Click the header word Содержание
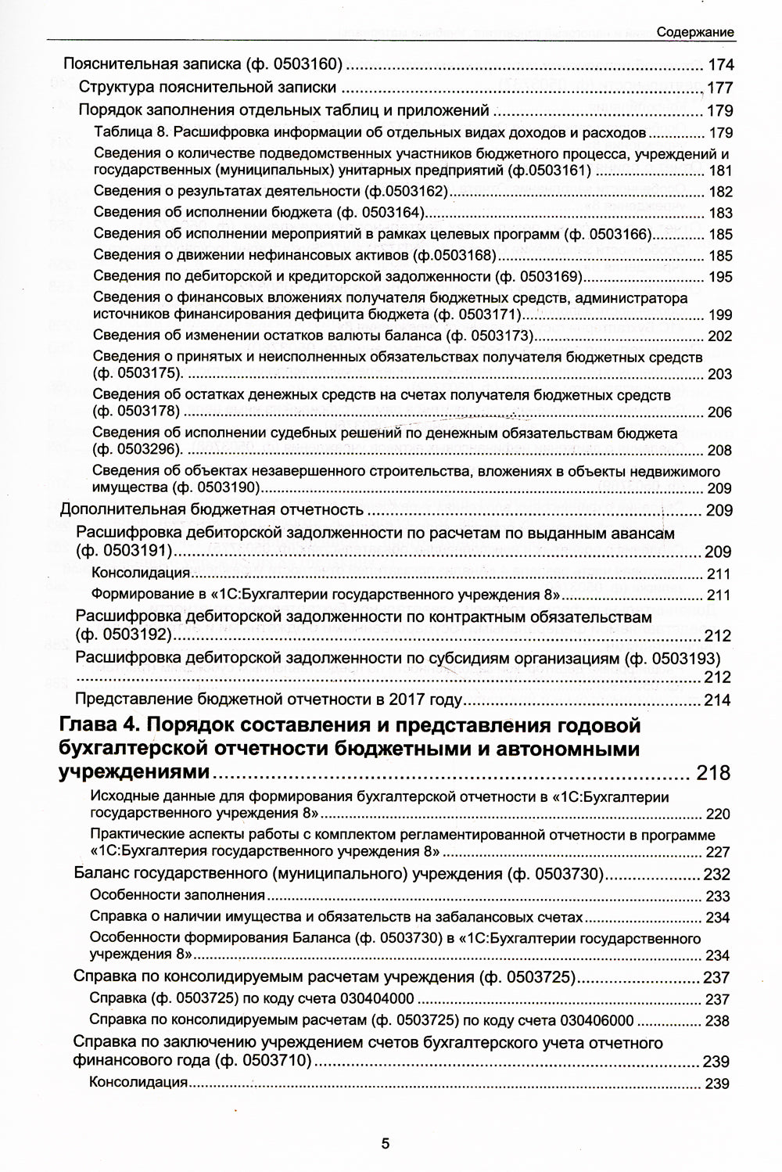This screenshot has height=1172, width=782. (694, 32)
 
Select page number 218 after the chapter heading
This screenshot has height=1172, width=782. (712, 773)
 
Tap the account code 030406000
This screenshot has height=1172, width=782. (594, 1021)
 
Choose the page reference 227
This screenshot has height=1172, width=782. (717, 852)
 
